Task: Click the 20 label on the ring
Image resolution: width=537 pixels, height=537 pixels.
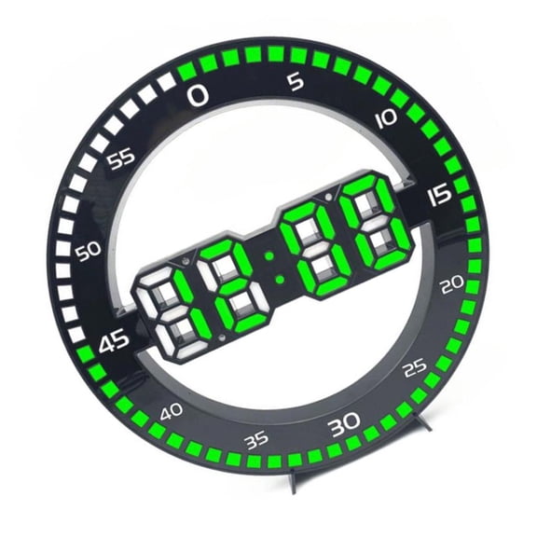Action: tap(453, 286)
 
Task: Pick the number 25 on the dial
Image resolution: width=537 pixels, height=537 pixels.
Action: tap(415, 369)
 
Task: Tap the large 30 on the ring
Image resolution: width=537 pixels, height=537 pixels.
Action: tap(344, 425)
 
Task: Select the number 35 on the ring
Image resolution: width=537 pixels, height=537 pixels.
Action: tap(255, 440)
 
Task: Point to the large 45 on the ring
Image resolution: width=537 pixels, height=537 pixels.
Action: tap(115, 343)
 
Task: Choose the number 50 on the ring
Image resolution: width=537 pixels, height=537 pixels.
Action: tap(89, 252)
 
